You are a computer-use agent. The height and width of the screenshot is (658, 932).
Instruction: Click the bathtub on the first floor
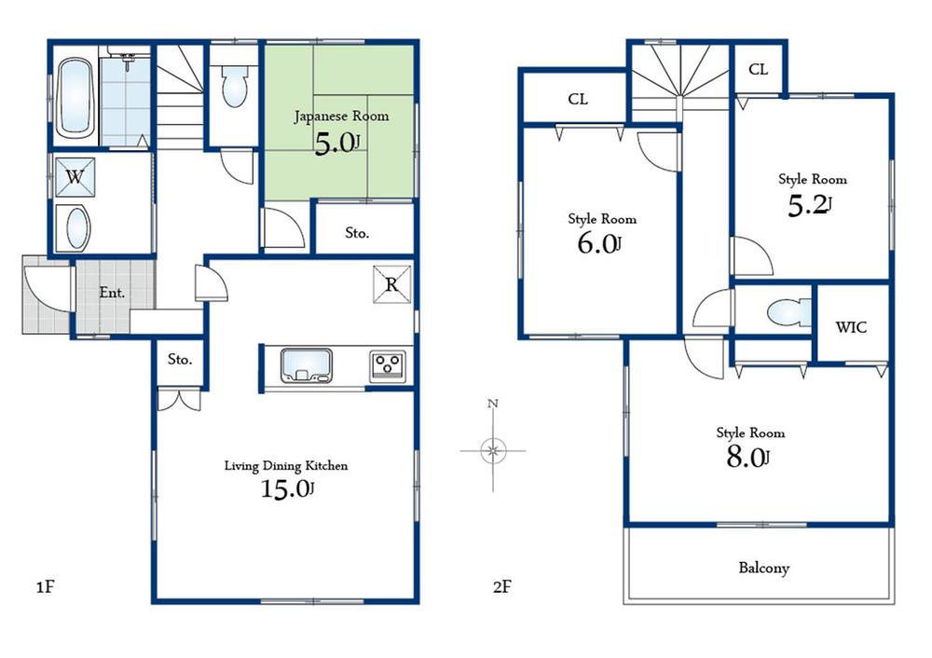click(75, 100)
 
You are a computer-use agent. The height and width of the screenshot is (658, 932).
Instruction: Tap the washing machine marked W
click(75, 177)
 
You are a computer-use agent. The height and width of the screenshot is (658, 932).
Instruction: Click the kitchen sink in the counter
click(308, 364)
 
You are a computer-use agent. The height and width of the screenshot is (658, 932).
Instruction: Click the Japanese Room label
click(341, 117)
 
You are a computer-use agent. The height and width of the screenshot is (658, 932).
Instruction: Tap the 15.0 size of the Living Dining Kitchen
click(286, 488)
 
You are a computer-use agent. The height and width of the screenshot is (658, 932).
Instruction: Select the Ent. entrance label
click(112, 292)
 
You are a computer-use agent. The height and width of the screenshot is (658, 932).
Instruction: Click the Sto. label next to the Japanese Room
click(358, 233)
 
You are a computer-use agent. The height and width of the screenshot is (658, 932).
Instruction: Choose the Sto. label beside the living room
click(180, 358)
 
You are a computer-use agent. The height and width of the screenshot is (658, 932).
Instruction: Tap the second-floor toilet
click(775, 311)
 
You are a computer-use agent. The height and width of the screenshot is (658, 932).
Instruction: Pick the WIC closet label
click(850, 327)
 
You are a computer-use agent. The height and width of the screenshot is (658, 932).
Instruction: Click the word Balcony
click(764, 567)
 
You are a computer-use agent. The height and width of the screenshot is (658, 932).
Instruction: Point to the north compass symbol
click(493, 450)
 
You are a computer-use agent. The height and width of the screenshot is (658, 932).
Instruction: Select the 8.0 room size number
click(747, 457)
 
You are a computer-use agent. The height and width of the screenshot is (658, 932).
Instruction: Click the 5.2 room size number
click(807, 206)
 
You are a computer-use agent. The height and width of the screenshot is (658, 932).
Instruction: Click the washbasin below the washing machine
click(74, 227)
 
